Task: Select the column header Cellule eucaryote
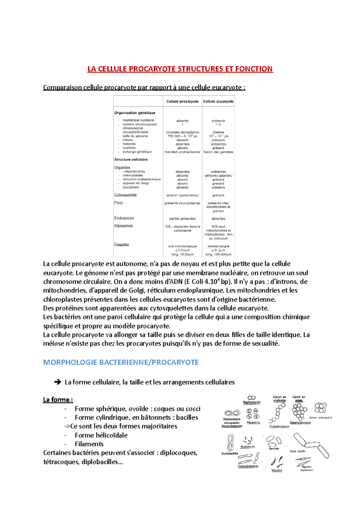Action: (218, 101)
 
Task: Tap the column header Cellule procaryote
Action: (182, 101)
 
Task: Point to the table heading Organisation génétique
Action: (135, 113)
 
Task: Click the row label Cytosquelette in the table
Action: (125, 195)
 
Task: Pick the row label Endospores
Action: (124, 218)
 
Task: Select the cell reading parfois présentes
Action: (182, 219)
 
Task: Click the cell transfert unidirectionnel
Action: (182, 152)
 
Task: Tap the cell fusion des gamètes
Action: (218, 152)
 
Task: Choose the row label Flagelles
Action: (121, 244)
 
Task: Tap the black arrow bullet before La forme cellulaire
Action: (57, 382)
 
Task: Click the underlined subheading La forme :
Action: (58, 400)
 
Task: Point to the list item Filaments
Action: (89, 444)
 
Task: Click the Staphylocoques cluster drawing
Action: (299, 411)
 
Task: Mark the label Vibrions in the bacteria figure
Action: (277, 470)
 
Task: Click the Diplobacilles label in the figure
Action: (230, 454)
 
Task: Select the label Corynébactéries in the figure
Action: (248, 466)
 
